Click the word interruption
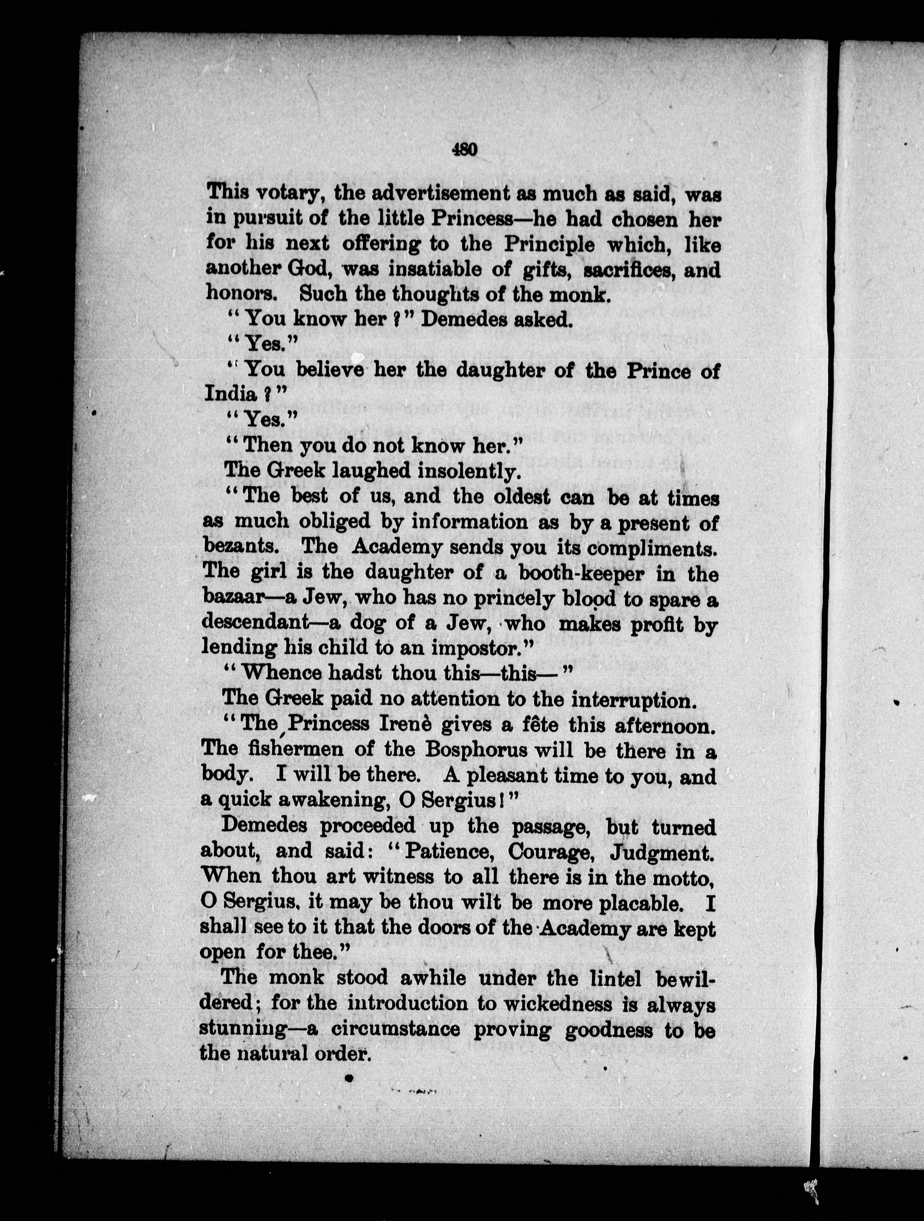pos(631,700)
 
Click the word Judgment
pos(661,853)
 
